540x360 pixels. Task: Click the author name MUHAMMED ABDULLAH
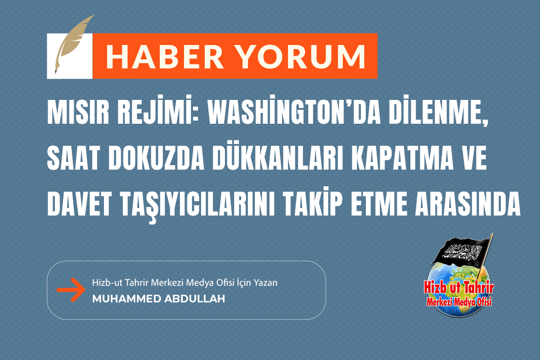pos(158,299)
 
